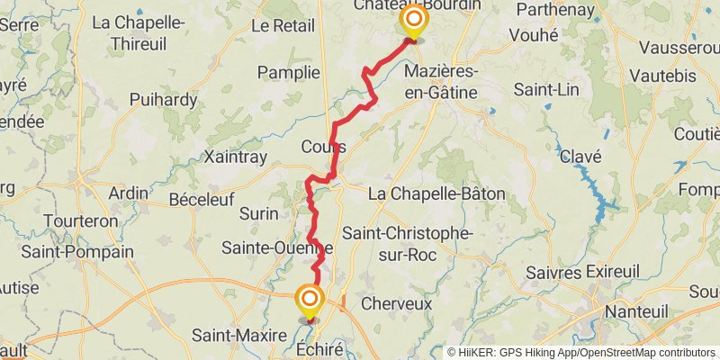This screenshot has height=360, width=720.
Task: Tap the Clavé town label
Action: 580,157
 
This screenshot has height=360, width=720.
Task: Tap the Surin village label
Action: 260,213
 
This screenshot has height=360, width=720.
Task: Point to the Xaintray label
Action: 237,157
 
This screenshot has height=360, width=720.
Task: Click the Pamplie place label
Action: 289,72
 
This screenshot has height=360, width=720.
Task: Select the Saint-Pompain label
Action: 76,252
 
